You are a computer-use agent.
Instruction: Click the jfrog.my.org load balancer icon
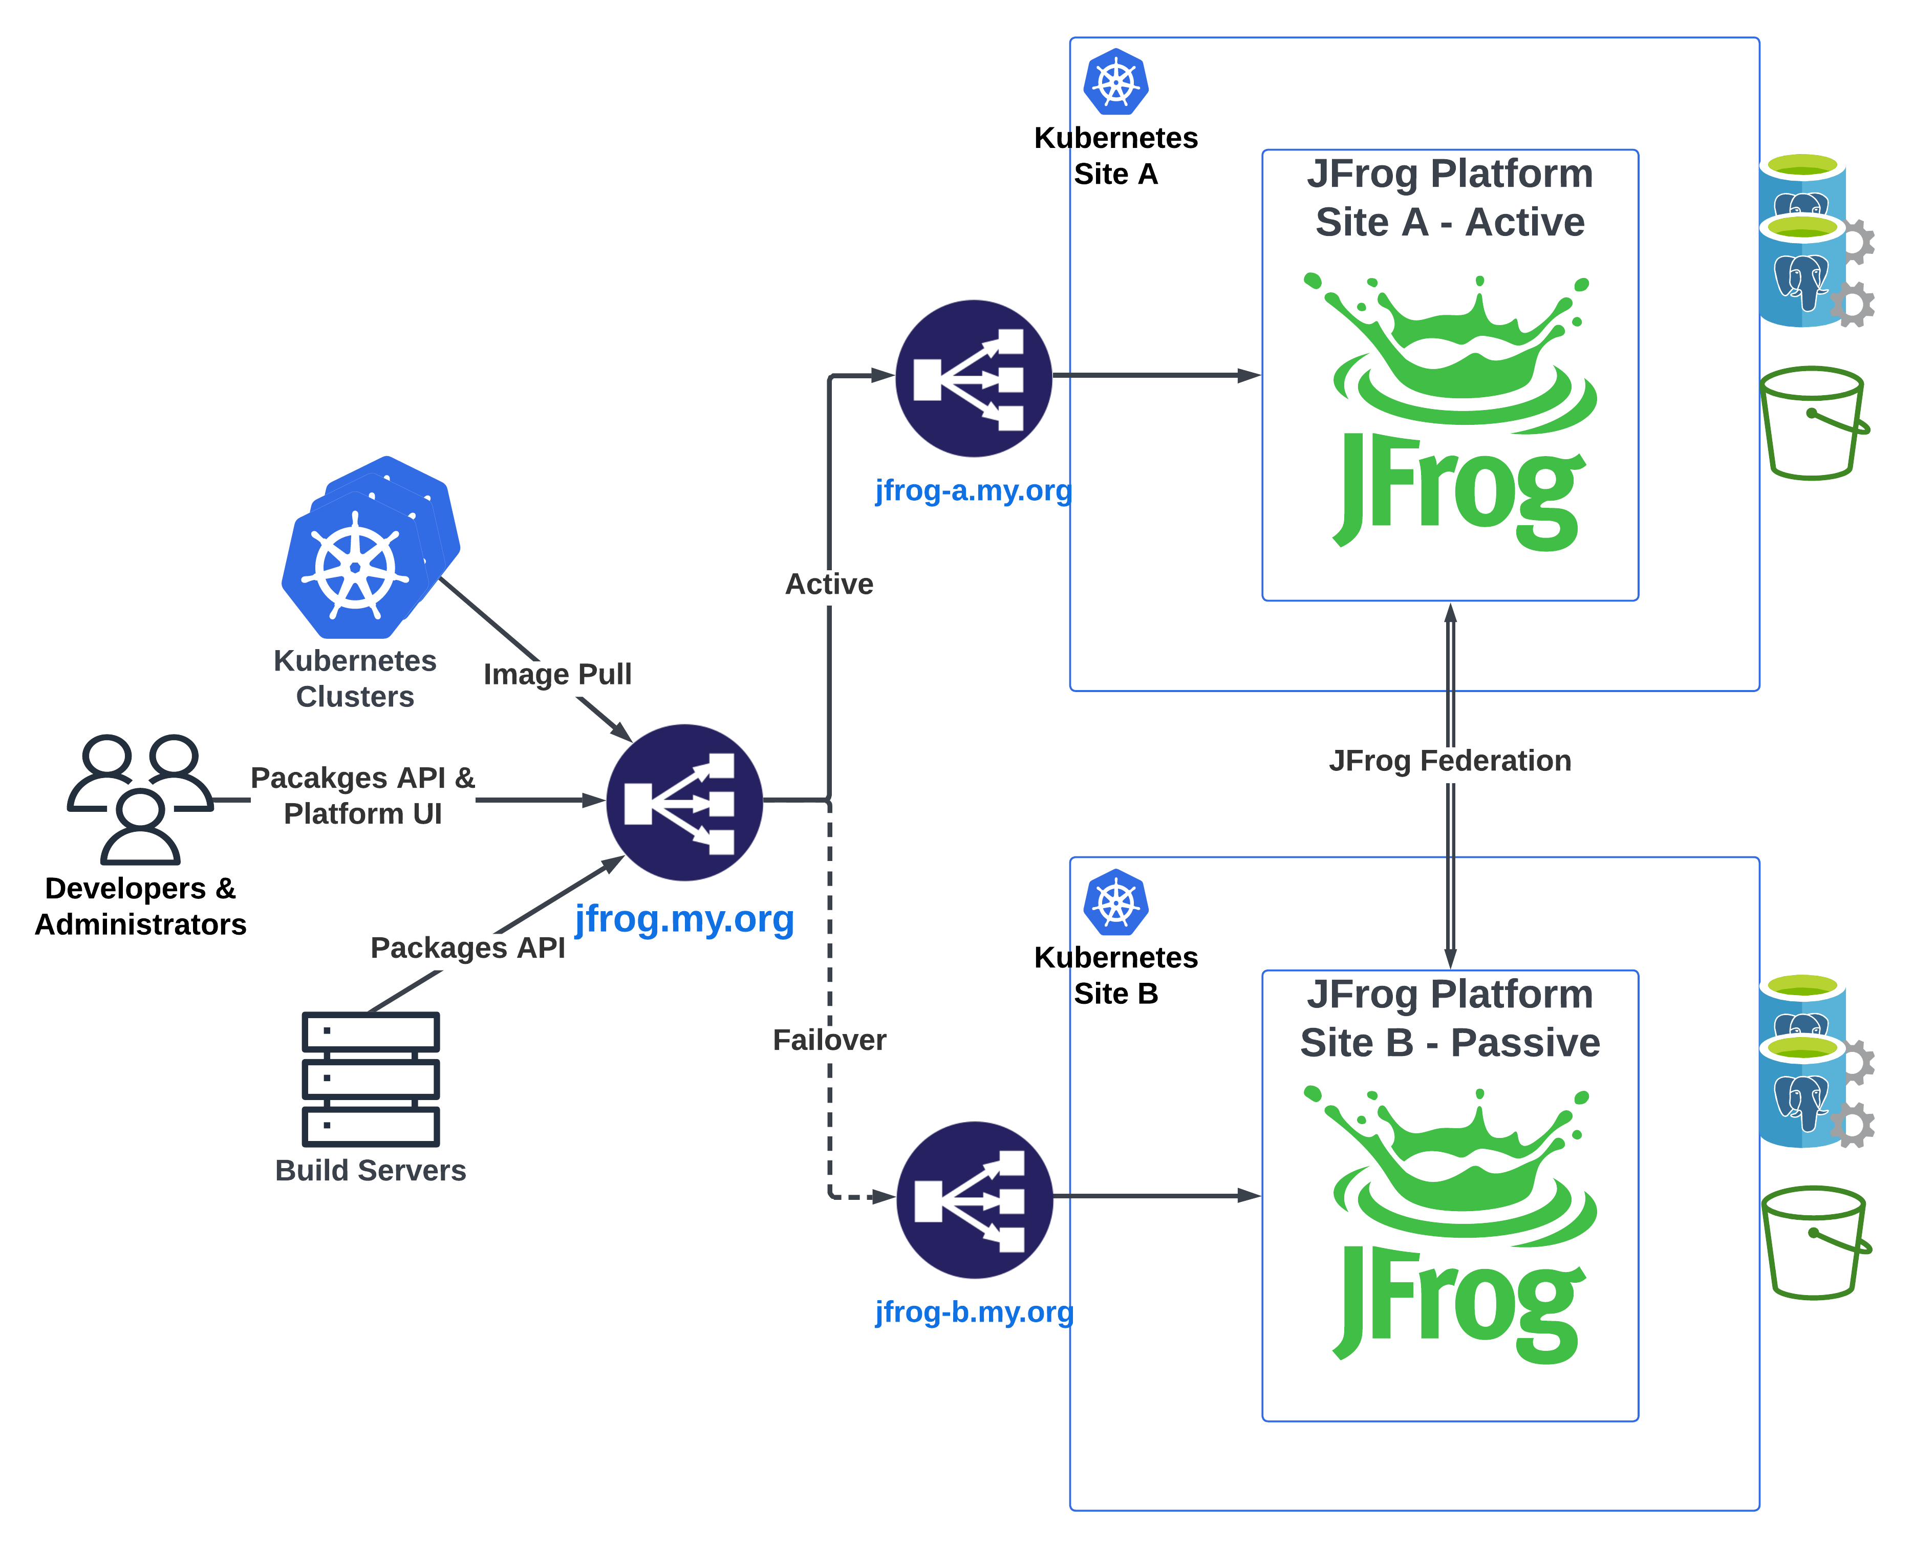[684, 802]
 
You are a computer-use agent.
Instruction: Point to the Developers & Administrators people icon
[140, 798]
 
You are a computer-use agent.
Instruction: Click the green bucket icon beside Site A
[1812, 422]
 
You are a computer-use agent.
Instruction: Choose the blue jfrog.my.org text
[684, 919]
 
